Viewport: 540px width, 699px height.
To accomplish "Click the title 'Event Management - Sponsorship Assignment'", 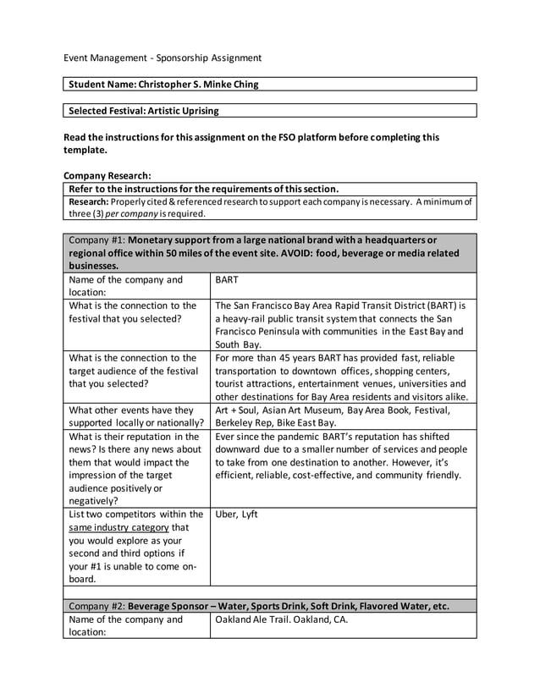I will point(163,58).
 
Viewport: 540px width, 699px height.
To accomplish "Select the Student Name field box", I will point(270,84).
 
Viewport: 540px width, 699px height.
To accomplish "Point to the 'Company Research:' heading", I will point(107,176).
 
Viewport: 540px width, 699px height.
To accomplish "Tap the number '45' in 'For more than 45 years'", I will point(288,358).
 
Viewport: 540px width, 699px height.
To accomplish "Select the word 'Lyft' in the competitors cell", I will point(250,514).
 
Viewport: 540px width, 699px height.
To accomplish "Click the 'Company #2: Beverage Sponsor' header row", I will point(270,606).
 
